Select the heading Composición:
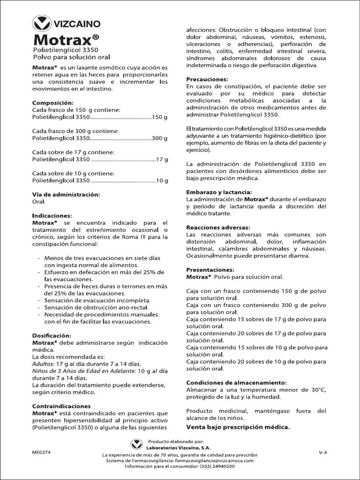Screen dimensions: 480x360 53,103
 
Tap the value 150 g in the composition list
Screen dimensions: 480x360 160,117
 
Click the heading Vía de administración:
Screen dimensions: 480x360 66,194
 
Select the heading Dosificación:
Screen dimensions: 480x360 52,336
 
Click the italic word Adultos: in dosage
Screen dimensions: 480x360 43,364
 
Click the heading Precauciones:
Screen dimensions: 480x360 207,79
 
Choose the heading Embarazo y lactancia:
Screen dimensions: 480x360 219,192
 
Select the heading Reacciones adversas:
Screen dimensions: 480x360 218,227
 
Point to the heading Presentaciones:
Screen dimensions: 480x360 210,270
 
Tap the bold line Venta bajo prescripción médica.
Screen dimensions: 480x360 238,427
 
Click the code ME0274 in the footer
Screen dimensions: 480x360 42,452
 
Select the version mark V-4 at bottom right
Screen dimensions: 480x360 322,452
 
